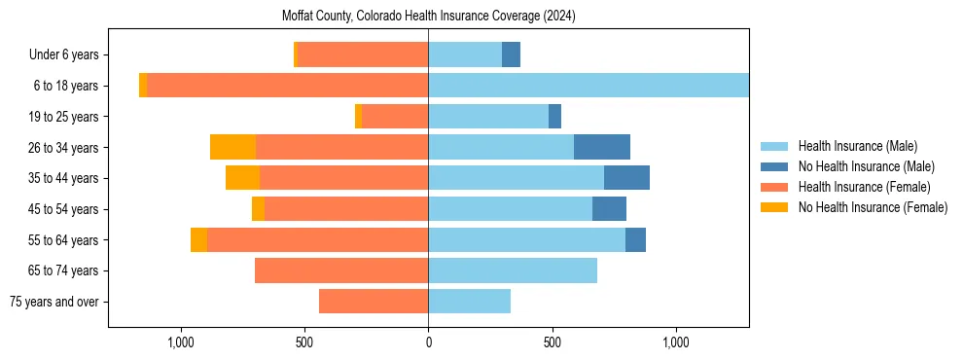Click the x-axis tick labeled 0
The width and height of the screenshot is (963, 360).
coord(428,342)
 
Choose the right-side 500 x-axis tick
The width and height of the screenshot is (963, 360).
coord(552,342)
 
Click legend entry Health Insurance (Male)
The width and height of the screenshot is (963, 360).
coord(857,146)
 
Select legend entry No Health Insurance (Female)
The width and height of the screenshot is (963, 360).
coord(873,207)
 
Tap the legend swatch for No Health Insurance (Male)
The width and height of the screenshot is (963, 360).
coord(774,166)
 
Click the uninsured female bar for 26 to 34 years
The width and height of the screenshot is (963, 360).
coord(232,147)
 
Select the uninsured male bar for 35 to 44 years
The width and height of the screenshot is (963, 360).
coord(626,178)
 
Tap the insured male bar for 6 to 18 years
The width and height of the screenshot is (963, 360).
coord(588,86)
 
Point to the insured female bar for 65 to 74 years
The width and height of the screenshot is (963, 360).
coord(341,270)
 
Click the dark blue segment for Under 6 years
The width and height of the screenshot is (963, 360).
coord(511,54)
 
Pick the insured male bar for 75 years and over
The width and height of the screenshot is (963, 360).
coord(469,302)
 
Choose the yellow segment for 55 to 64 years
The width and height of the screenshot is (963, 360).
coord(198,239)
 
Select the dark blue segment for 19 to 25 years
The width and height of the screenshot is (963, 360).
coord(554,117)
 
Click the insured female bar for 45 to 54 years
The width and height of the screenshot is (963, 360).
coord(346,209)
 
